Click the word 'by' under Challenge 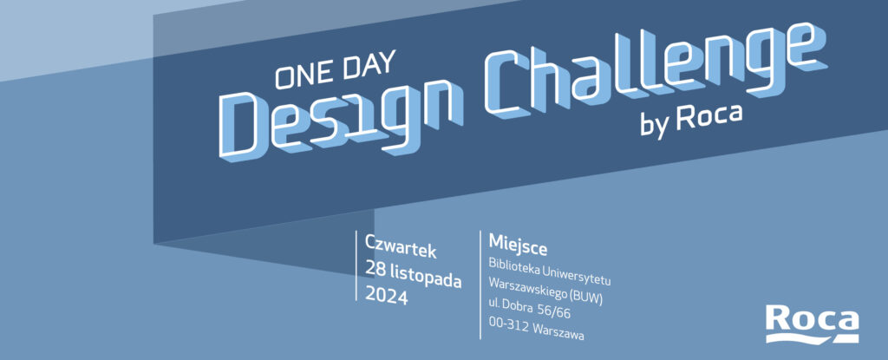tap(656, 125)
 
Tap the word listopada tap(425, 276)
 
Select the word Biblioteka tap(513, 267)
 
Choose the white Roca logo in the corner tap(812, 324)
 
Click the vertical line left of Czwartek tap(356, 265)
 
